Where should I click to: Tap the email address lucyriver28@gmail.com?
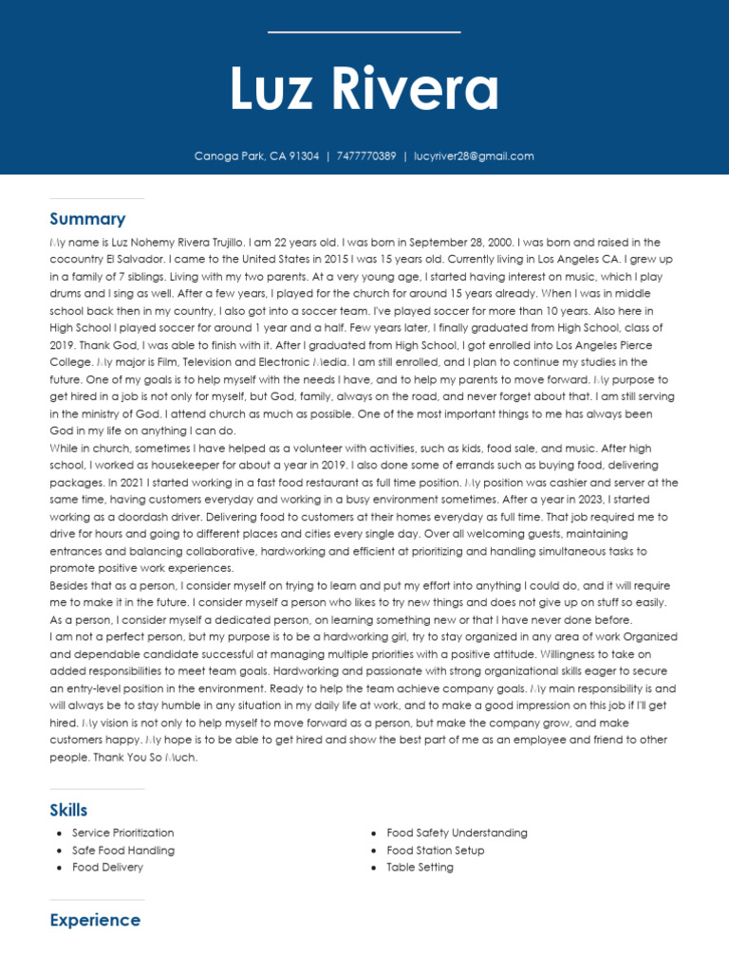[x=474, y=156]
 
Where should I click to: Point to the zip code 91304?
[x=304, y=156]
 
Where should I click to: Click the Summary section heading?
[x=87, y=219]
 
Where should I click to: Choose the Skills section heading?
[x=68, y=810]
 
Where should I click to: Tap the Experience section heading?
[x=95, y=920]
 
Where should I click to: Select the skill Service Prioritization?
[x=122, y=834]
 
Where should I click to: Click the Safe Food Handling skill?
[x=122, y=851]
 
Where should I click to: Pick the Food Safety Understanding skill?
[x=457, y=834]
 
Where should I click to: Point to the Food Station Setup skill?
[x=435, y=851]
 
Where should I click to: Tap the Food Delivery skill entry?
[x=107, y=868]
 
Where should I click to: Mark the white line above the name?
[x=364, y=32]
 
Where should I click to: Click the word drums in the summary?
[x=65, y=294]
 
